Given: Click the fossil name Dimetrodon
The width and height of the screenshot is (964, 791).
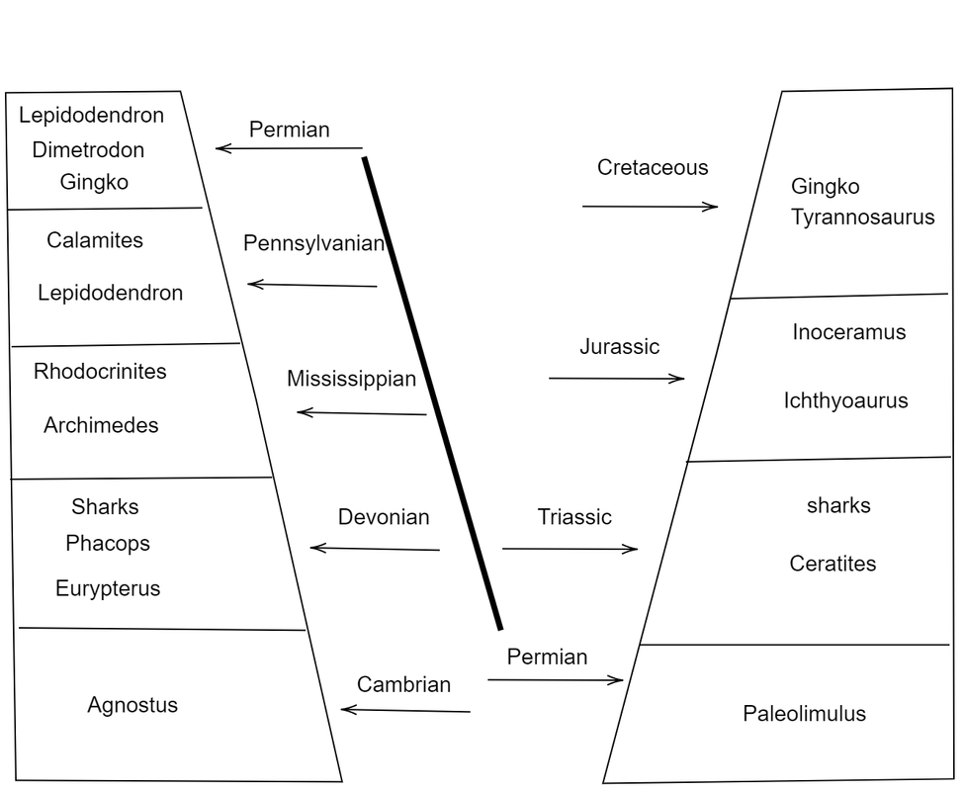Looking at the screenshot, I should pyautogui.click(x=88, y=150).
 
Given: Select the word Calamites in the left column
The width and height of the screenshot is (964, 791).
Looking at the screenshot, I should pyautogui.click(x=95, y=240).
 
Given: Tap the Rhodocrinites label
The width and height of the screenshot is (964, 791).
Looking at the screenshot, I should pyautogui.click(x=100, y=372).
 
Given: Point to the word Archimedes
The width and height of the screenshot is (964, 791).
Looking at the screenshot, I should pyautogui.click(x=101, y=425).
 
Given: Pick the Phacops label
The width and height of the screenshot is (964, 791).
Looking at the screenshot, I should pyautogui.click(x=108, y=543).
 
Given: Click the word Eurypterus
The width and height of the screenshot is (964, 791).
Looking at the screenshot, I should pyautogui.click(x=108, y=588).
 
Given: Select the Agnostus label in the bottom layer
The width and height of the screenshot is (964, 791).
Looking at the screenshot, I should pyautogui.click(x=132, y=705).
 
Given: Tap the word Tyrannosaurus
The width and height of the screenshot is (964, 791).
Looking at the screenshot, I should pyautogui.click(x=862, y=217).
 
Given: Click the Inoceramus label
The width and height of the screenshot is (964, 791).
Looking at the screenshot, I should pyautogui.click(x=848, y=332).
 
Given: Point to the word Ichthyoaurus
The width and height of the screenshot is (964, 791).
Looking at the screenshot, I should pyautogui.click(x=845, y=400).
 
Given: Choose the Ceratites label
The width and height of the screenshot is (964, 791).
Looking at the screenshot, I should pyautogui.click(x=833, y=564).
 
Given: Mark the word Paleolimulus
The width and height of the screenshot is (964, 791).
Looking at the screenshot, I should pyautogui.click(x=804, y=713).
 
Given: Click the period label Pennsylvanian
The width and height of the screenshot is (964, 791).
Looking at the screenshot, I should pyautogui.click(x=313, y=243).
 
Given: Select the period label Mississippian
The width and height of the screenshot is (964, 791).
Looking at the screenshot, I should pyautogui.click(x=351, y=379).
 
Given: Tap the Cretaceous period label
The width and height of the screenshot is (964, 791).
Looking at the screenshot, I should pyautogui.click(x=653, y=167).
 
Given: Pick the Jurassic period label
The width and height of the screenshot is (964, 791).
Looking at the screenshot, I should pyautogui.click(x=619, y=347).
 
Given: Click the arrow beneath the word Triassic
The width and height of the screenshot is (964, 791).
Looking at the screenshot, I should pyautogui.click(x=570, y=549).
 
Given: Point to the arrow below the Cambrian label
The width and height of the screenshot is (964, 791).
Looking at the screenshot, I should pyautogui.click(x=405, y=710).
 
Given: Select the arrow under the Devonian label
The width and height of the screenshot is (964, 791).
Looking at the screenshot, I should pyautogui.click(x=375, y=549).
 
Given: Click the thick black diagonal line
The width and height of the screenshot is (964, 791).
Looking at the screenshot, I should pyautogui.click(x=432, y=393).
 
